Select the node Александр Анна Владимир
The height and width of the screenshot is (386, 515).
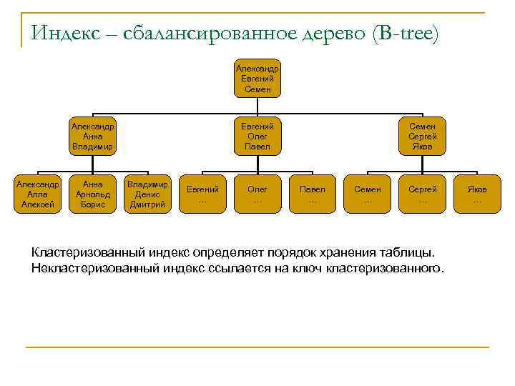click(x=92, y=136)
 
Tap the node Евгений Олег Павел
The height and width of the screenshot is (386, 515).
click(x=257, y=136)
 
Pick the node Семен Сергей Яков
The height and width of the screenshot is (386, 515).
click(x=422, y=136)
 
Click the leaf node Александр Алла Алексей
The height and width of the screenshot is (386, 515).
click(x=38, y=194)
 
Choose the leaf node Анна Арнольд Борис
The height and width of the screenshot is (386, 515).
click(x=93, y=194)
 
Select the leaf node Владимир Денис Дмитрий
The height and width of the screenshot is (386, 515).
click(x=147, y=194)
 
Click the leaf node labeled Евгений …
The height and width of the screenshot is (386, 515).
click(x=202, y=194)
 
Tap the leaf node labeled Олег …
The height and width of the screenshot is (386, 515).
click(x=257, y=194)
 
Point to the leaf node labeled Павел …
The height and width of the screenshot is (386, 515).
click(x=312, y=194)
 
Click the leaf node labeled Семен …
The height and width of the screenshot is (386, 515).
click(x=368, y=194)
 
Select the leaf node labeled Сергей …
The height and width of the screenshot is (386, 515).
click(x=422, y=194)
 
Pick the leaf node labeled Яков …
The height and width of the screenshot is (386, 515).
click(x=477, y=194)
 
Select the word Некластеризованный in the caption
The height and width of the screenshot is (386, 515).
click(x=96, y=269)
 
